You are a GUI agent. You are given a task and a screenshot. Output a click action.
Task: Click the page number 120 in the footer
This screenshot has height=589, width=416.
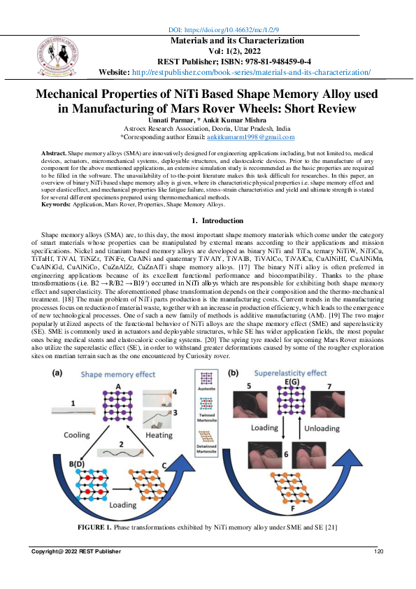pyautogui.click(x=380, y=553)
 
